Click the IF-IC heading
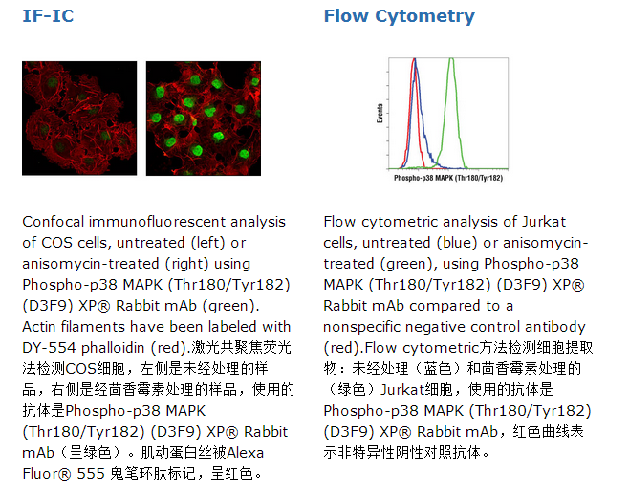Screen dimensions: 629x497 pyautogui.click(x=48, y=16)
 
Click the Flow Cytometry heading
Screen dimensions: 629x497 pyautogui.click(x=400, y=17)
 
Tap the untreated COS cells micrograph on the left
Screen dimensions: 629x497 pyautogui.click(x=79, y=119)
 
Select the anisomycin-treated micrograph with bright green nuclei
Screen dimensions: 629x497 pyautogui.click(x=204, y=119)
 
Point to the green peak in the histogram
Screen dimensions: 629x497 pyautogui.click(x=452, y=60)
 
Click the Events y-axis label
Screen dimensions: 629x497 pyautogui.click(x=380, y=114)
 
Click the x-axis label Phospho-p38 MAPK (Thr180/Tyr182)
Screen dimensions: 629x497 pyautogui.click(x=448, y=178)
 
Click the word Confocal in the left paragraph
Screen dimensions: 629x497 pyautogui.click(x=54, y=222)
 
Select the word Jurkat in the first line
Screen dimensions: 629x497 pyautogui.click(x=544, y=222)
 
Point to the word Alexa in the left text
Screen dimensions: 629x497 pyautogui.click(x=245, y=453)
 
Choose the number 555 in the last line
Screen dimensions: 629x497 pyautogui.click(x=91, y=474)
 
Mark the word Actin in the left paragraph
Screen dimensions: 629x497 pyautogui.click(x=39, y=327)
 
